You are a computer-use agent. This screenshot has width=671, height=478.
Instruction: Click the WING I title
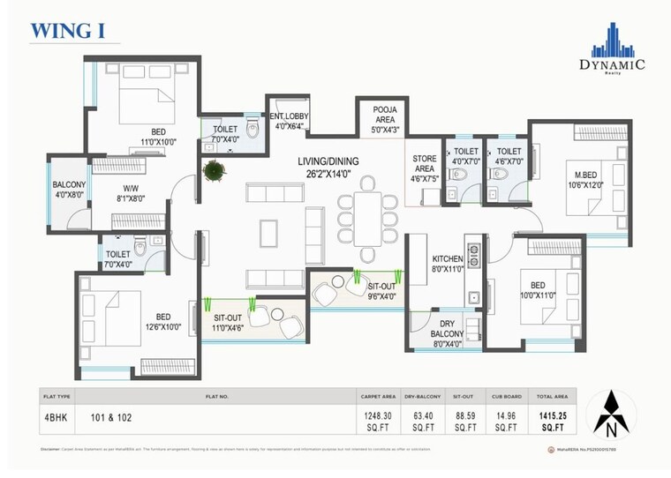68,31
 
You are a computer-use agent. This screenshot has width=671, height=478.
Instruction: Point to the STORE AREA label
425,168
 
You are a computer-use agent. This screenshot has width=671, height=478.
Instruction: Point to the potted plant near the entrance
213,171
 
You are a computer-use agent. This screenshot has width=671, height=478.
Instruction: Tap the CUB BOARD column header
507,396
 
